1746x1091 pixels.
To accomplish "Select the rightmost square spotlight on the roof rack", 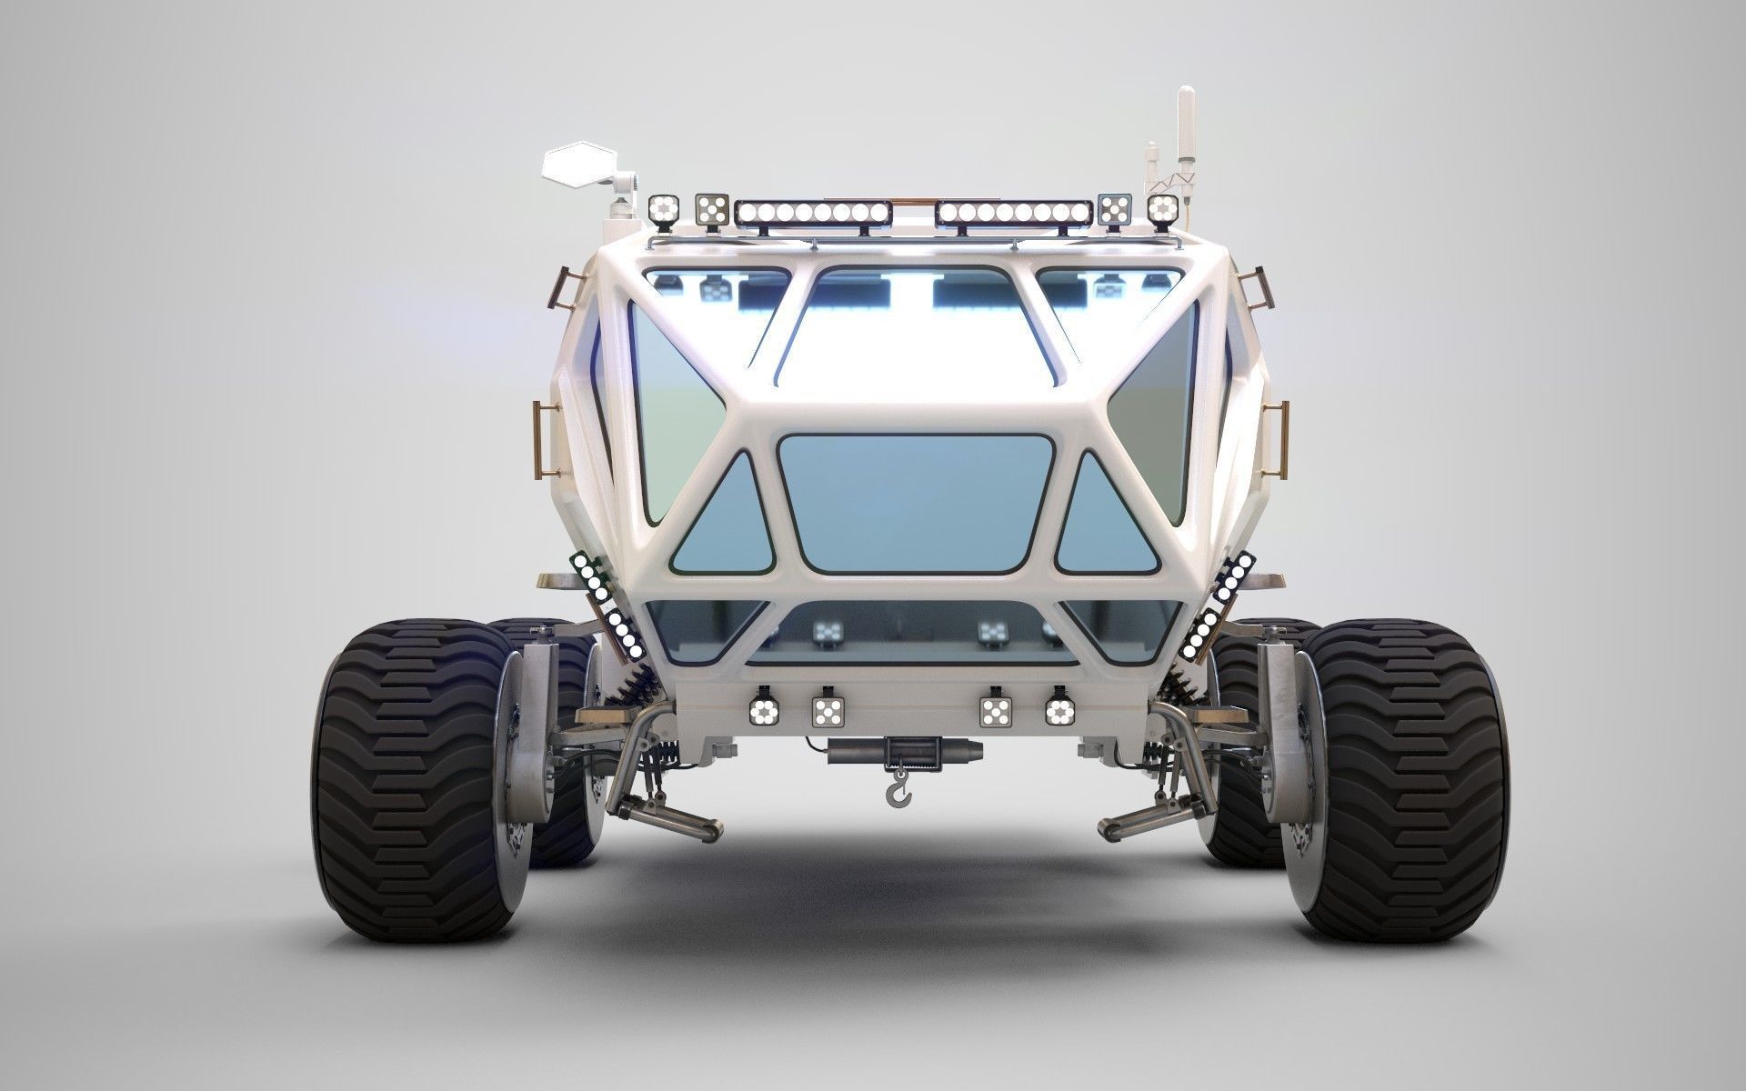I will tap(1162, 211).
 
